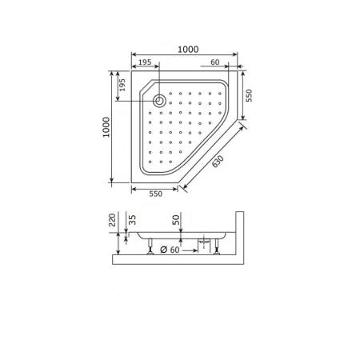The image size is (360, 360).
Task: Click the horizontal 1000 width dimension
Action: click(x=188, y=50)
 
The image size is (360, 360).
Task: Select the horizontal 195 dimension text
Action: click(x=145, y=62)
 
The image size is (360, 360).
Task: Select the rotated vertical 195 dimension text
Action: click(x=122, y=85)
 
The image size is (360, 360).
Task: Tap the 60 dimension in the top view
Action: click(x=215, y=62)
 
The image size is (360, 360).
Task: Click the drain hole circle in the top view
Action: click(x=159, y=101)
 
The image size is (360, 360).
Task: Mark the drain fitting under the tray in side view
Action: click(x=205, y=241)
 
